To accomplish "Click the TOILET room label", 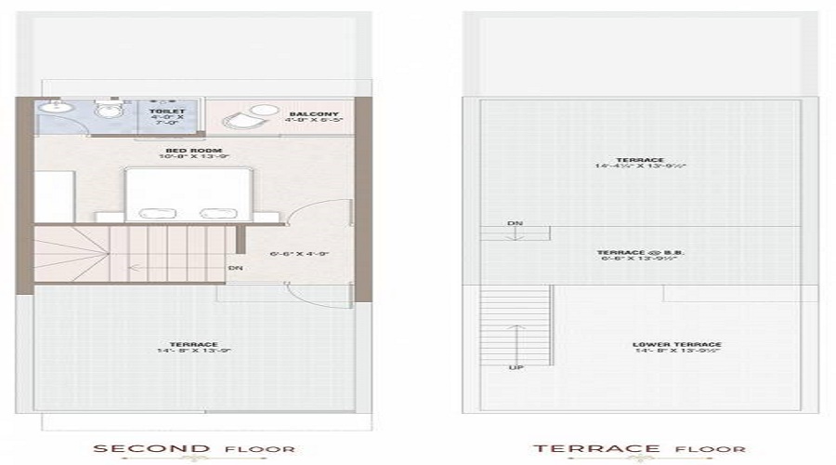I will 174,111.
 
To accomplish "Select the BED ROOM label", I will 185,151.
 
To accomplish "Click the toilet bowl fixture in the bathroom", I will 111,113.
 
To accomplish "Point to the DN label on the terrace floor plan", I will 514,224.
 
